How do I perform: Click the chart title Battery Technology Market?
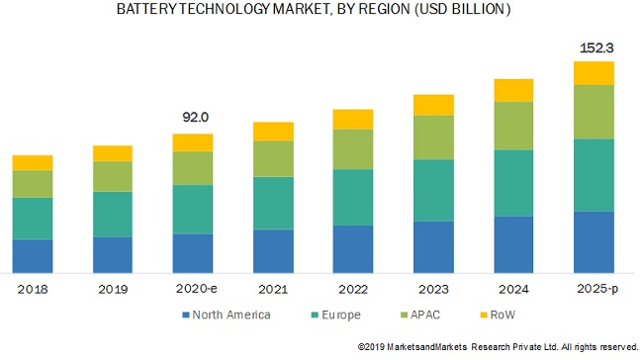pos(315,10)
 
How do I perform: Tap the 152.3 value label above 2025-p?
pos(595,46)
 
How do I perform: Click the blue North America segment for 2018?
pos(33,255)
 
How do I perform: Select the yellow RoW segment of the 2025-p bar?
pos(595,72)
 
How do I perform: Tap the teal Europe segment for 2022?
pos(353,197)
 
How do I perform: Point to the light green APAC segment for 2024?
pos(513,126)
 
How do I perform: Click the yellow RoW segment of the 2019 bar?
pos(113,153)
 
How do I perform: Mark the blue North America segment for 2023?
pos(433,246)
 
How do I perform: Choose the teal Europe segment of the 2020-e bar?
pos(193,209)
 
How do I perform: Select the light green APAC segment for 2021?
pos(273,158)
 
